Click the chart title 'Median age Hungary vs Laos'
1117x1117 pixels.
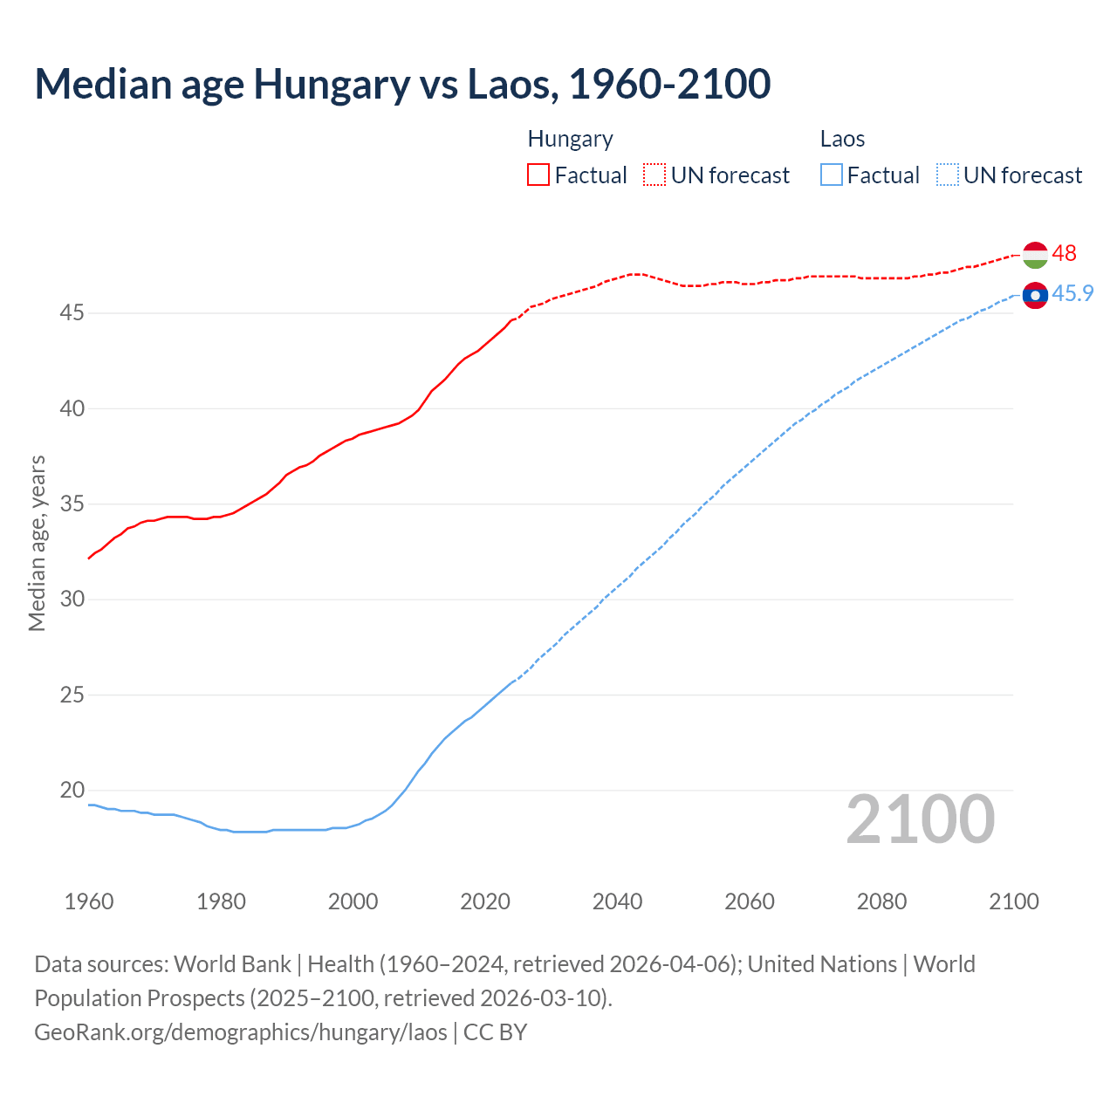(402, 84)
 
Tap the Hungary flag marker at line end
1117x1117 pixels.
(1035, 255)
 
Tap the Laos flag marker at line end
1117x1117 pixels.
(1035, 296)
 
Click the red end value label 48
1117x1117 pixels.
(1064, 253)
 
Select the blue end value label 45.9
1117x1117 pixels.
(1072, 293)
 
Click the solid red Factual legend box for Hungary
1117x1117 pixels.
(538, 175)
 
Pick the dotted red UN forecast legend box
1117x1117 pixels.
(654, 175)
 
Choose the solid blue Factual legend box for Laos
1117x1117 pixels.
(832, 175)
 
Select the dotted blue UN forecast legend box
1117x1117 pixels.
(948, 175)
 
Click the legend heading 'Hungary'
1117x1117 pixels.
(570, 139)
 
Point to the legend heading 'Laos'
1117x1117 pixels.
(842, 139)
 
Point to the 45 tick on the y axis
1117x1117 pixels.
(72, 312)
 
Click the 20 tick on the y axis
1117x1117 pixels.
(72, 790)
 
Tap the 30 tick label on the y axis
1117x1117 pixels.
(72, 599)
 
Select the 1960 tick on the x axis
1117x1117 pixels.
(89, 901)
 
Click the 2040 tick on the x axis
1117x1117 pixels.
(617, 901)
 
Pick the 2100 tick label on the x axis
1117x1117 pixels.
(1013, 901)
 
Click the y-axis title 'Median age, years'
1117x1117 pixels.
(37, 543)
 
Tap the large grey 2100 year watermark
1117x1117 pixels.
(921, 819)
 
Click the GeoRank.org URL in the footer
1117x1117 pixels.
(241, 1031)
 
